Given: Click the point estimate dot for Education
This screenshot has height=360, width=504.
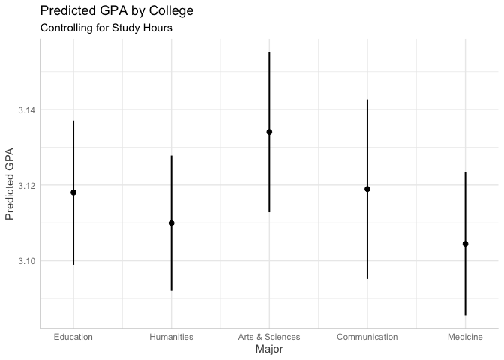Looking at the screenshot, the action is pos(73,193).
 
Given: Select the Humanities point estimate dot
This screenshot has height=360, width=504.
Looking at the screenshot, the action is pos(171,223).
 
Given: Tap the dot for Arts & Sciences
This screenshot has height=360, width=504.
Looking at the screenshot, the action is pos(269,132).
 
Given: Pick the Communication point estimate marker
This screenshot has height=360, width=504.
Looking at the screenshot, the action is pos(367,189).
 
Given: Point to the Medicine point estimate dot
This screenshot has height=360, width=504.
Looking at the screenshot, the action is pos(465,244).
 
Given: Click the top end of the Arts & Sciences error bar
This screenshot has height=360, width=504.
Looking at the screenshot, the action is pos(269,52).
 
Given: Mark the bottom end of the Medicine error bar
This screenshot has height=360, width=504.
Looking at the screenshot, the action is pos(465,315).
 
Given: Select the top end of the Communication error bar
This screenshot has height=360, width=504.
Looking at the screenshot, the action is pos(367,100).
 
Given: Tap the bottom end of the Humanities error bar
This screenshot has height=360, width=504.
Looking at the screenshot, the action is pos(171,290).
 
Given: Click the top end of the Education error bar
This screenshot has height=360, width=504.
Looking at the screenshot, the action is pos(73,121).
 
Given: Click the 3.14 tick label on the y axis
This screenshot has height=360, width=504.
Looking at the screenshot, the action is pos(27,110).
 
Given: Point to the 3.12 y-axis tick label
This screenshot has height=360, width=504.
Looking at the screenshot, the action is pos(27,185).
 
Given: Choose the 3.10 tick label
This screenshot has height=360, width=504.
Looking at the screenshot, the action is pos(27,261).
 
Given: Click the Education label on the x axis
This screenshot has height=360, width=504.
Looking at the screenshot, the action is pos(73,337).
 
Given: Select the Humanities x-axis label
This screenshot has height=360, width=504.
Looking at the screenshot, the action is pos(171,337).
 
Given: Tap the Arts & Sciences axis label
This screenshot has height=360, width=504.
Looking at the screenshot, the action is pos(269,337).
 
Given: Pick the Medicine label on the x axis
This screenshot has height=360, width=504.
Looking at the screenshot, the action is pos(465,337).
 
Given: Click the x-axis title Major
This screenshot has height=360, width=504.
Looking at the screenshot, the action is pos(269,349).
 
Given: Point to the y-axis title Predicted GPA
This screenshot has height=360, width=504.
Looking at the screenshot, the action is pos(10,184).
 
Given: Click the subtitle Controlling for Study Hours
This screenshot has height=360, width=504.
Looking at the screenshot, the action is pos(106,28).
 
